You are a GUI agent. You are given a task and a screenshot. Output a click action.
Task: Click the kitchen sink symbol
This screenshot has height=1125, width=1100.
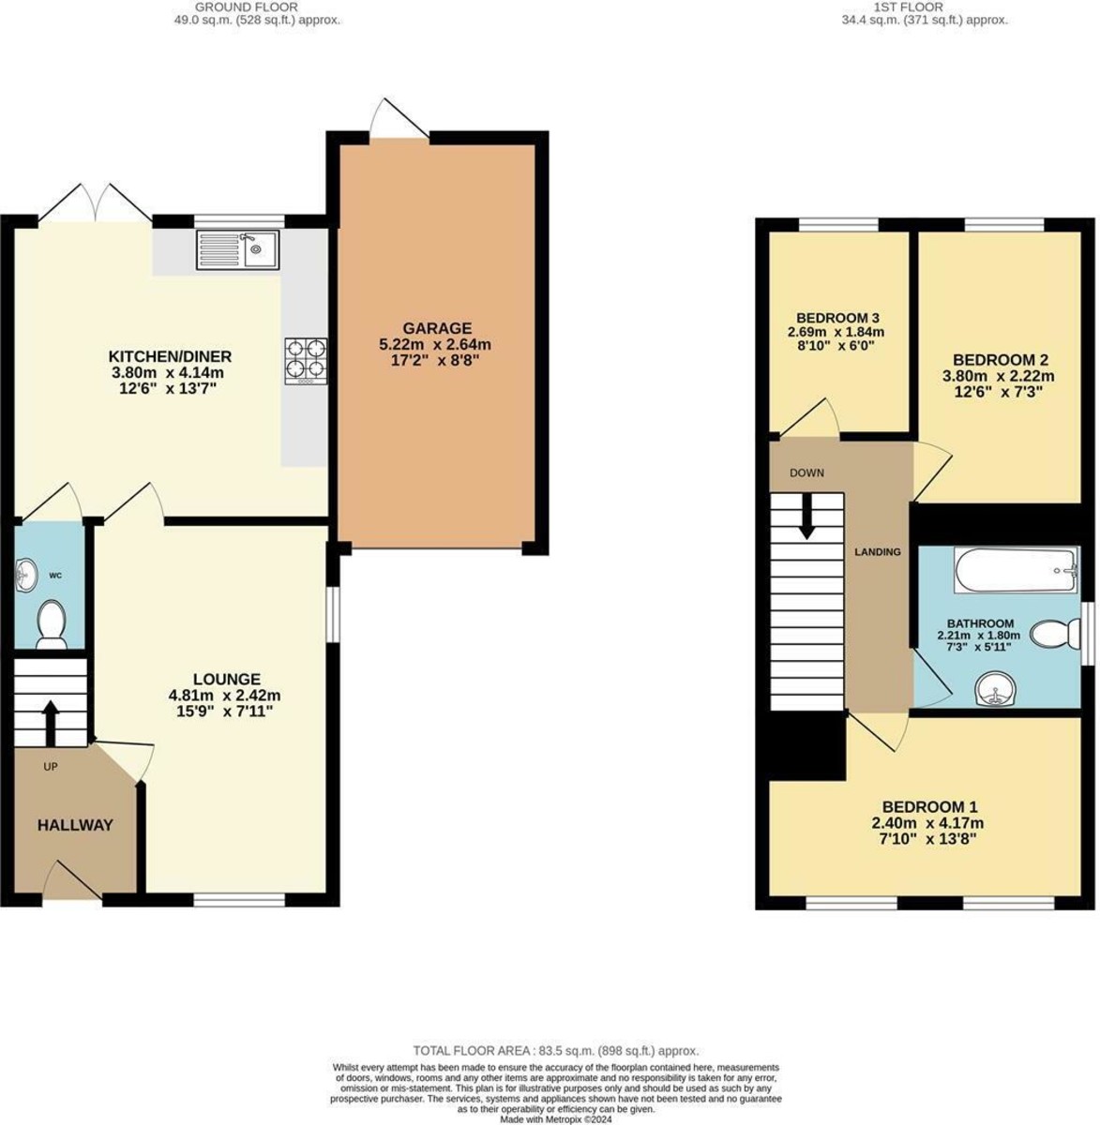(x=238, y=250)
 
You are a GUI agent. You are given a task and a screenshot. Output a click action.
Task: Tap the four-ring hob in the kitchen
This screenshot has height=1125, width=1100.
(x=306, y=361)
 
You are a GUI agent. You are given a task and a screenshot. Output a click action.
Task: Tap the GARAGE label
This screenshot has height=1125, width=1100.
(x=437, y=328)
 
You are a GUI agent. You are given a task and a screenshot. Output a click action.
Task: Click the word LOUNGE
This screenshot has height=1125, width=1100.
(x=226, y=679)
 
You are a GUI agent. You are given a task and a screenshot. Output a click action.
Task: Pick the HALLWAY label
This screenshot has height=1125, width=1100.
(x=75, y=825)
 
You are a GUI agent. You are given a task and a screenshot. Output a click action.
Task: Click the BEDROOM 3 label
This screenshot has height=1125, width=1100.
(x=836, y=318)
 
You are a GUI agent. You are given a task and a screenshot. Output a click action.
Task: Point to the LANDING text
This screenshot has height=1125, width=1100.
(x=877, y=552)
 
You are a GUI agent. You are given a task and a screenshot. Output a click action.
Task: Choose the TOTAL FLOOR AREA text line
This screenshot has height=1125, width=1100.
(x=556, y=1051)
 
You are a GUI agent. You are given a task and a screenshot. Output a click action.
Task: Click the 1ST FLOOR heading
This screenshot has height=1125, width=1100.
(x=926, y=7)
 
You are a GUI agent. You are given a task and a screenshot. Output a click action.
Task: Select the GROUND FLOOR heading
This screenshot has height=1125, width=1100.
(x=247, y=7)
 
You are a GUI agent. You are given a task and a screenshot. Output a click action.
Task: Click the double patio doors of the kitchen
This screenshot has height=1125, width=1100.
(x=95, y=206)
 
